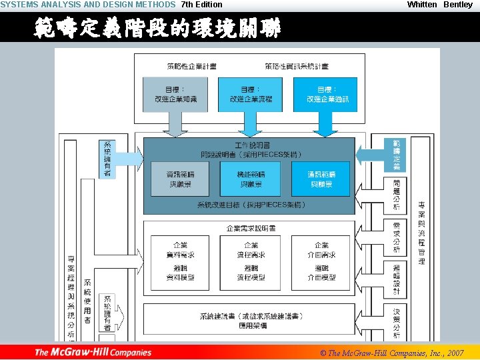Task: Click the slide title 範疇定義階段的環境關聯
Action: tap(157, 29)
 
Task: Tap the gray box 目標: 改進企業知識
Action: tap(175, 95)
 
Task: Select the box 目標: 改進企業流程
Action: tap(251, 95)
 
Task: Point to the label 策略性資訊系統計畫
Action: tap(296, 66)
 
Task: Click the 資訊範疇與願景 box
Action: tap(180, 179)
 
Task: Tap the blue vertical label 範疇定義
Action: tap(397, 155)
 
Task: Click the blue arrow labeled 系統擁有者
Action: tap(109, 159)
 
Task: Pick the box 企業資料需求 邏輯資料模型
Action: tap(180, 262)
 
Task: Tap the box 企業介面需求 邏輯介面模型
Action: tap(322, 262)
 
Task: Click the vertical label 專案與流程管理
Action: tap(421, 233)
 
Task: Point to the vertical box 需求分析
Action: tap(397, 238)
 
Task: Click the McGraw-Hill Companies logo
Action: tap(93, 352)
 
